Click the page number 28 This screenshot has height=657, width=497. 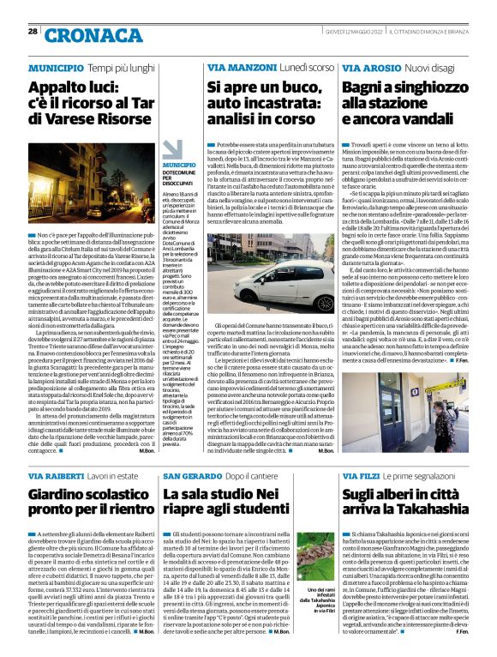pyautogui.click(x=33, y=31)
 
